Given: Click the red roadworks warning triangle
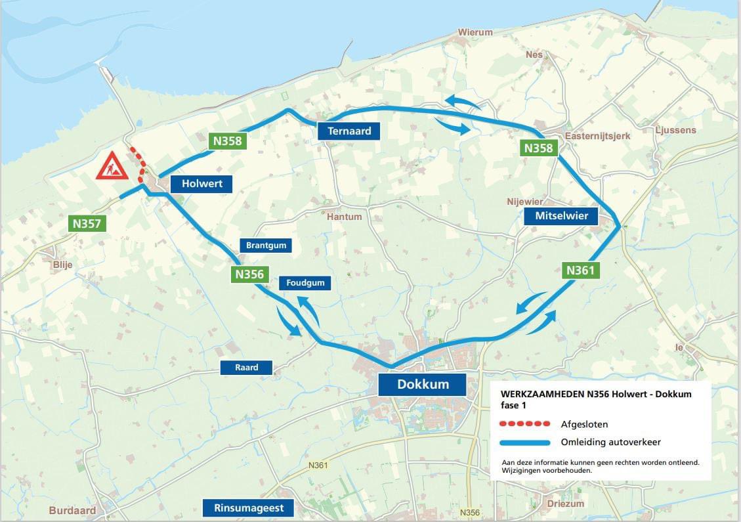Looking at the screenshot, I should tap(112, 167).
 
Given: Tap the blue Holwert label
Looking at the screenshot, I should tap(201, 184).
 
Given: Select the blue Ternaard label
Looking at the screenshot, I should tap(349, 131).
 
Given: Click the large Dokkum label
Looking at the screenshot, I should tap(422, 384).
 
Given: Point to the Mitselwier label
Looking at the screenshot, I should tap(561, 216).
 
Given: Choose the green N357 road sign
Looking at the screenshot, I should tap(87, 223).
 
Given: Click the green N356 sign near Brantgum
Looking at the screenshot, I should tap(249, 274).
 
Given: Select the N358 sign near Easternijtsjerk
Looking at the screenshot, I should tap(538, 148).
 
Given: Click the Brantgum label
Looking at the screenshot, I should tap(266, 246).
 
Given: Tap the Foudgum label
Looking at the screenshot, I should tap(305, 283).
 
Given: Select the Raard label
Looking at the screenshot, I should tap(246, 368).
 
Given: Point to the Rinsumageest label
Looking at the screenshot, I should tap(248, 508).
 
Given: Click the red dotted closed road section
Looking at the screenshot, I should tap(138, 164).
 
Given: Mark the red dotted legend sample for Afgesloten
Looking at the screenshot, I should tap(524, 424).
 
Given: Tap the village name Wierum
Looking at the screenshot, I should tap(475, 32).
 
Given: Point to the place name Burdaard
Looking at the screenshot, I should tap(72, 510).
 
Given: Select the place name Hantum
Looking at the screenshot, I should tap(345, 216).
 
